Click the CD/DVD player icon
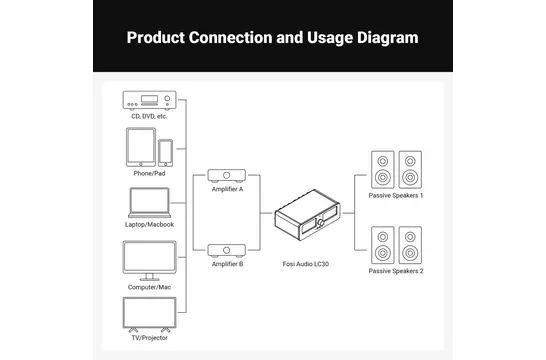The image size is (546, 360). click(x=149, y=101)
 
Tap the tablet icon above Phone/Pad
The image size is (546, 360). click(x=141, y=147)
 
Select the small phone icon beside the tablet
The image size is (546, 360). click(x=165, y=153)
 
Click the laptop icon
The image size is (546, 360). click(x=149, y=203)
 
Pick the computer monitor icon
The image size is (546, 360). click(x=149, y=260)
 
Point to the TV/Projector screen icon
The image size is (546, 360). click(x=149, y=314)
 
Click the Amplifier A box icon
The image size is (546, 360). click(x=227, y=176)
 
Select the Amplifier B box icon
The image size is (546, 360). click(x=227, y=251)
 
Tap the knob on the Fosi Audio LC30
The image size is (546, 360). click(x=320, y=222)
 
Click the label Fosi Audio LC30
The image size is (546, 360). click(x=306, y=264)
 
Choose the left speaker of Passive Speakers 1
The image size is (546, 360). click(x=383, y=170)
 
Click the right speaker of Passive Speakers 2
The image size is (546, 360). click(x=410, y=245)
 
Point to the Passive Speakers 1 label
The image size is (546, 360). click(x=396, y=196)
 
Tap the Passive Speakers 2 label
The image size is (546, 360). click(x=396, y=271)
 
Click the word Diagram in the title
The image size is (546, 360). click(x=388, y=38)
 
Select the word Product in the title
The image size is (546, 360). click(x=156, y=38)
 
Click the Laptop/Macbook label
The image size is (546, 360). click(x=149, y=225)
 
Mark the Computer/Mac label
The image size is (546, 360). click(x=149, y=287)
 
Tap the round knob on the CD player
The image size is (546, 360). click(x=167, y=98)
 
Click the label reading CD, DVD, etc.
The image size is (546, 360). click(x=149, y=116)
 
